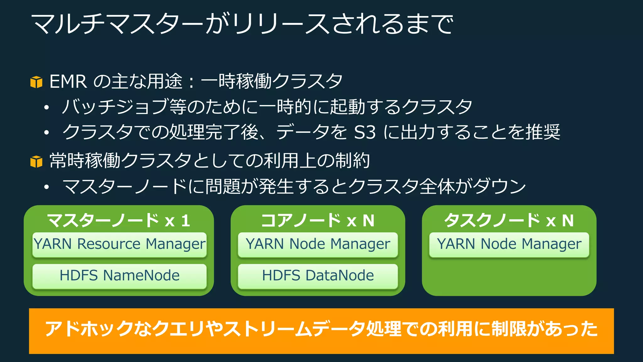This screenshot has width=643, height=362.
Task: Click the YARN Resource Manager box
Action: pyautogui.click(x=119, y=244)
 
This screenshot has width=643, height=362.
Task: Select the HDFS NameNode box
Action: pyautogui.click(x=119, y=276)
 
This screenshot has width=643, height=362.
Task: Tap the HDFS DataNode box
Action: pyautogui.click(x=318, y=276)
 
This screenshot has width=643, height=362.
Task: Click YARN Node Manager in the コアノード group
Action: pyautogui.click(x=318, y=244)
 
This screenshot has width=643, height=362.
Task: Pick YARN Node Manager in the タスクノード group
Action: pyautogui.click(x=509, y=244)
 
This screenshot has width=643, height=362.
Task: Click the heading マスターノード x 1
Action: pyautogui.click(x=119, y=220)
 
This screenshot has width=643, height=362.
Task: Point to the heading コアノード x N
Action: pyautogui.click(x=318, y=220)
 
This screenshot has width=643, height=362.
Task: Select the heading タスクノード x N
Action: pyautogui.click(x=509, y=220)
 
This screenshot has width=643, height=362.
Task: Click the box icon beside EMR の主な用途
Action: pyautogui.click(x=36, y=82)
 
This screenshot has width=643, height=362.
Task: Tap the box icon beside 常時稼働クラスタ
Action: pyautogui.click(x=36, y=162)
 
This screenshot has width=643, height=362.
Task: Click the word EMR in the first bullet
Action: pyautogui.click(x=68, y=82)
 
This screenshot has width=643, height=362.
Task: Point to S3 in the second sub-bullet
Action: pyautogui.click(x=365, y=132)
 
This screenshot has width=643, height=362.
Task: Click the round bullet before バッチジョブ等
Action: pyautogui.click(x=46, y=108)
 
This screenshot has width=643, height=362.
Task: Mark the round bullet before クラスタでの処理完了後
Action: pyautogui.click(x=46, y=133)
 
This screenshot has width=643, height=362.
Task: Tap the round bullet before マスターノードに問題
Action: pyautogui.click(x=46, y=187)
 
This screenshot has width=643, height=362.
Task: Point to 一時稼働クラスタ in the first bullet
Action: pyautogui.click(x=272, y=81)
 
